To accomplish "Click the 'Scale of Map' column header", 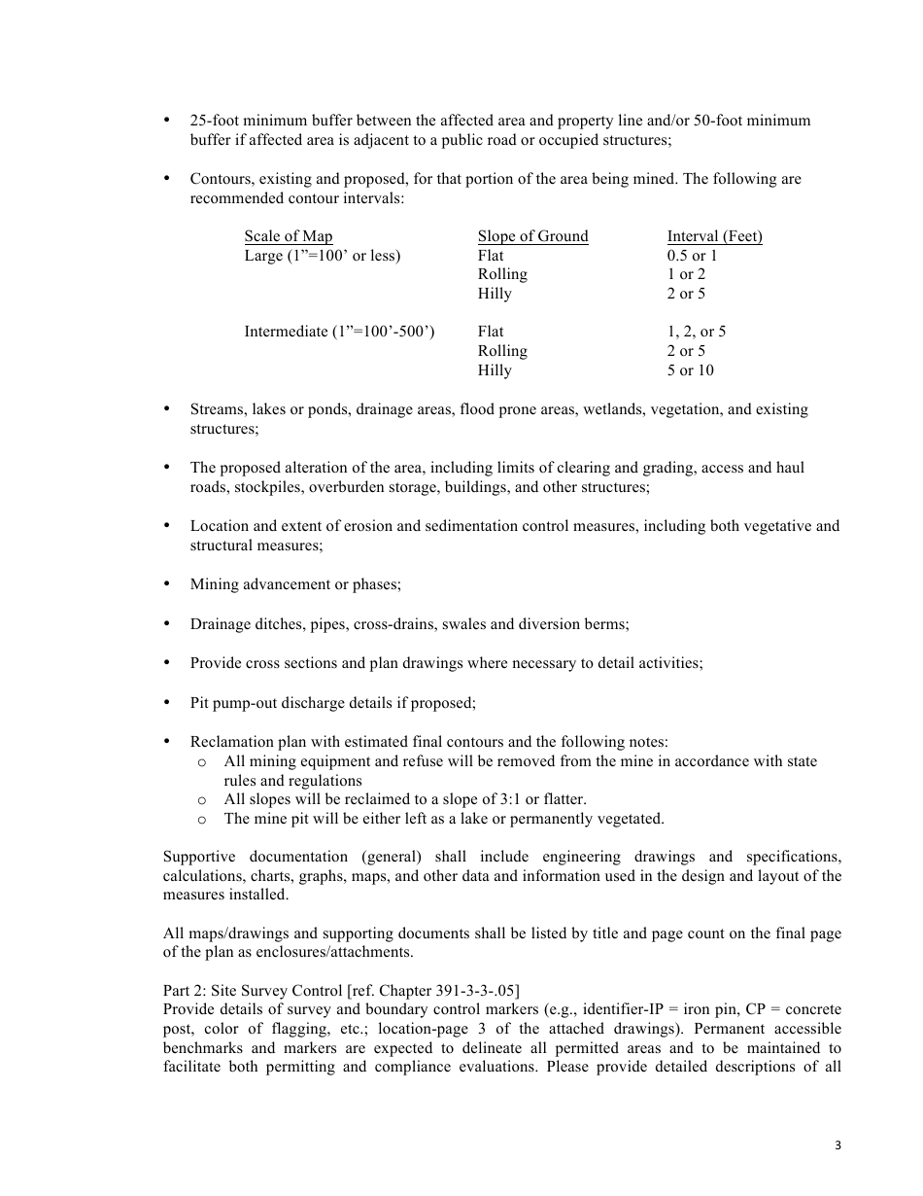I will pyautogui.click(x=288, y=236).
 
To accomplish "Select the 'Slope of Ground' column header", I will pyautogui.click(x=532, y=236).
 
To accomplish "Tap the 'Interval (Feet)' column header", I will pyautogui.click(x=714, y=236).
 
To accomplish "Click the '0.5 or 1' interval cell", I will pyautogui.click(x=692, y=256).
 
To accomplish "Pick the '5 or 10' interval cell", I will pyautogui.click(x=690, y=370).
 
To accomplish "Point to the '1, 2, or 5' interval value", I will pyautogui.click(x=696, y=332).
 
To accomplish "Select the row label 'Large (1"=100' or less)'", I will pyautogui.click(x=322, y=256).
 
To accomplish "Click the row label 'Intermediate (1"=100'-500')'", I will pyautogui.click(x=339, y=332).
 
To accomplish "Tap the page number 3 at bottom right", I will pyautogui.click(x=838, y=1145).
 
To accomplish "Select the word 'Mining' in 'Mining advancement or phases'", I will pyautogui.click(x=214, y=584).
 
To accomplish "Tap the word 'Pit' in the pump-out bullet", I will pyautogui.click(x=201, y=702).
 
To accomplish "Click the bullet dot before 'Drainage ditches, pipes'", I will pyautogui.click(x=167, y=623).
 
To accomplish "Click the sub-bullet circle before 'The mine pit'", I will pyautogui.click(x=201, y=820).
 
